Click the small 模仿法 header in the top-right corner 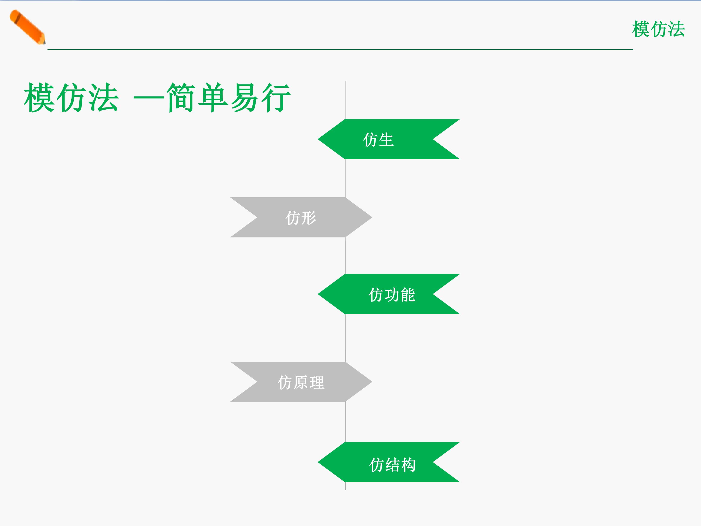658,29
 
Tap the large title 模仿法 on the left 71,97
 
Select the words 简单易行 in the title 229,97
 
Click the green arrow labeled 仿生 388,139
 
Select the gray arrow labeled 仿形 301,217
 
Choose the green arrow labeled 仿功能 388,294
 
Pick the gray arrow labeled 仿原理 301,382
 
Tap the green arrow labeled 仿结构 388,462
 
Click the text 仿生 378,140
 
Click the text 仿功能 392,295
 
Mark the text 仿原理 301,382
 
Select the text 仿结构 392,465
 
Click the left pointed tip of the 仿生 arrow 318,139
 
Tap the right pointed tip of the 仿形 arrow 372,217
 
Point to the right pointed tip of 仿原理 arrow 372,382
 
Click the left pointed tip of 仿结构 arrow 318,462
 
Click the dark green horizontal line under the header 340,49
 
